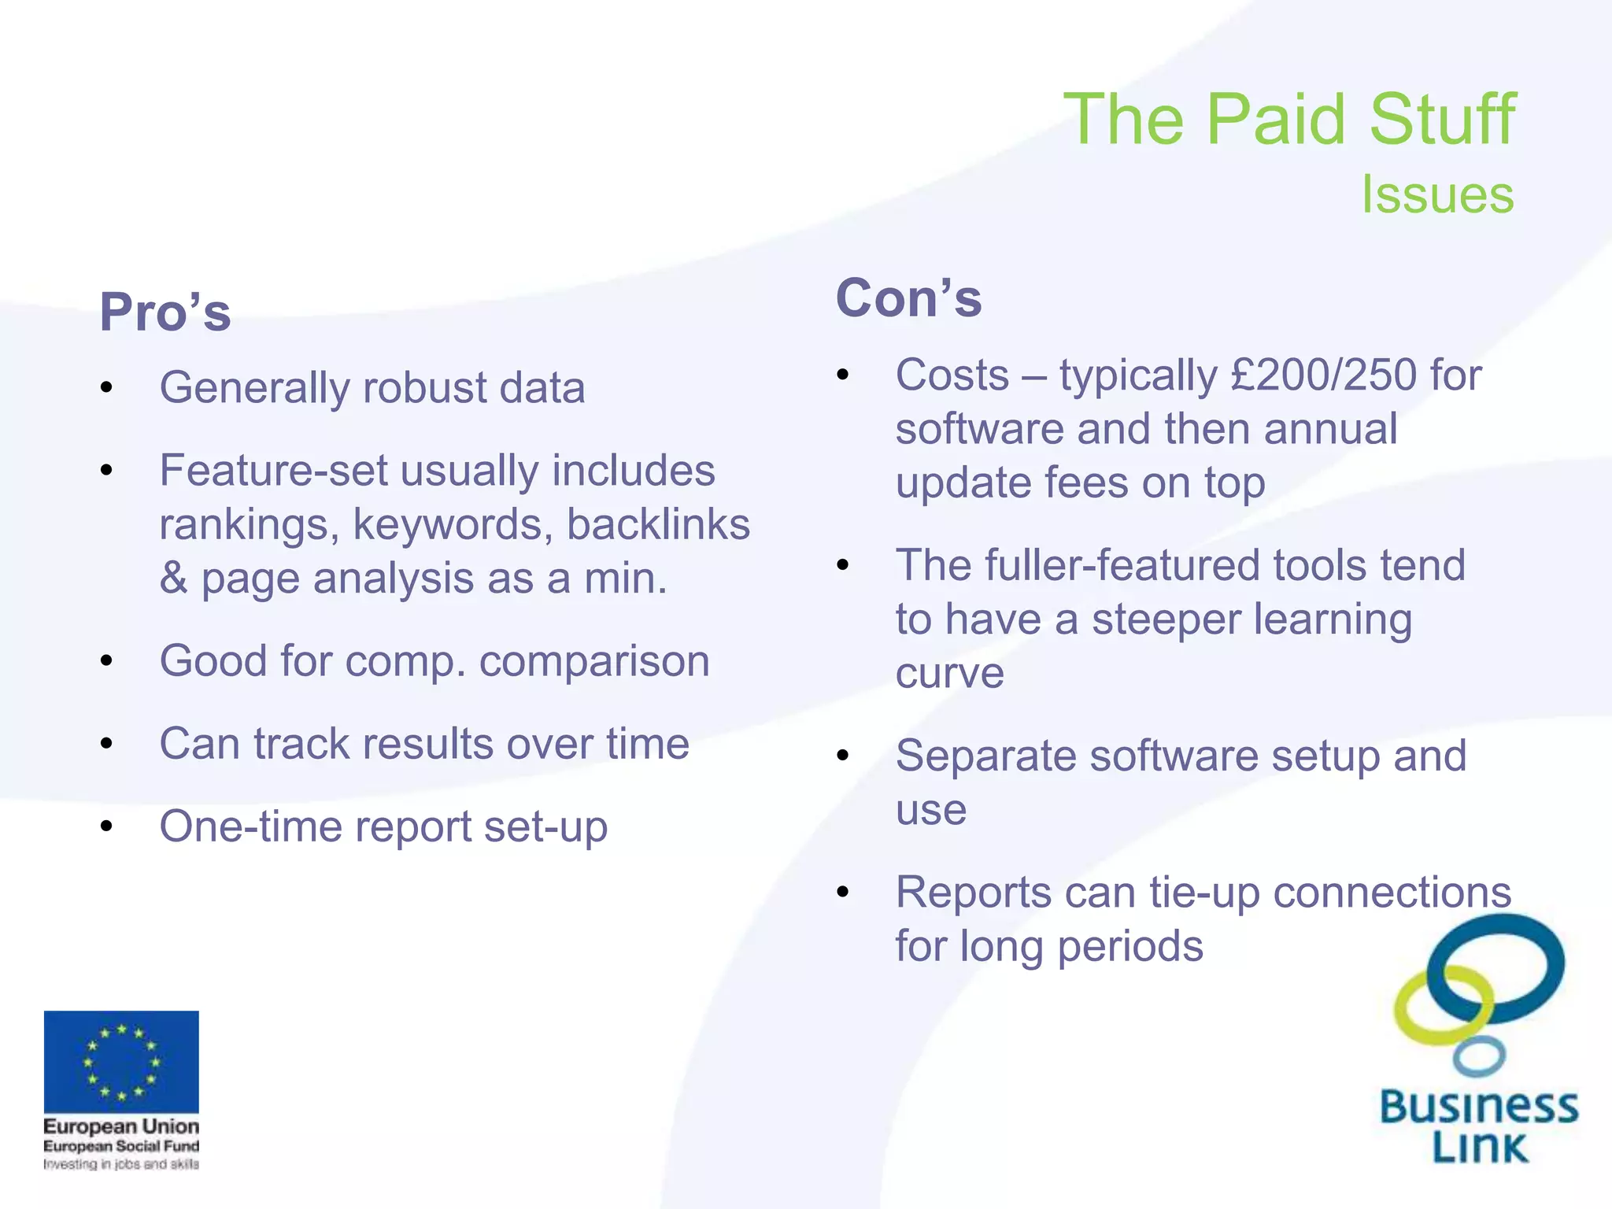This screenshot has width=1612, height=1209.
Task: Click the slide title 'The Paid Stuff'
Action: (1288, 120)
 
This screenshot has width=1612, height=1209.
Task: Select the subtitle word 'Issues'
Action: (1437, 194)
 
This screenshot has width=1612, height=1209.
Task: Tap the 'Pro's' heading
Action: (165, 312)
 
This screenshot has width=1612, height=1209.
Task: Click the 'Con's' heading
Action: (908, 298)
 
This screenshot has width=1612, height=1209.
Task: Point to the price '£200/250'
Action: (1325, 375)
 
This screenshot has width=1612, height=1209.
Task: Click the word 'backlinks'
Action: (658, 524)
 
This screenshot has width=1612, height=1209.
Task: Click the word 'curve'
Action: (949, 673)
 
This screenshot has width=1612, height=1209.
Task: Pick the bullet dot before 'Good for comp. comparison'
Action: (107, 660)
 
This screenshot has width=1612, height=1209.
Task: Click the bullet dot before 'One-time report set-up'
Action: (107, 826)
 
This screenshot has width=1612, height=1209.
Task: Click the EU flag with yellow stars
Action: (121, 1061)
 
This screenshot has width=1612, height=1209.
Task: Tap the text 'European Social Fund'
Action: (121, 1146)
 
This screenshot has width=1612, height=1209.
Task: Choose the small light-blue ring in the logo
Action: (1478, 1056)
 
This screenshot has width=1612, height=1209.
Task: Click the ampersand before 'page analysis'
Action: (173, 579)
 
